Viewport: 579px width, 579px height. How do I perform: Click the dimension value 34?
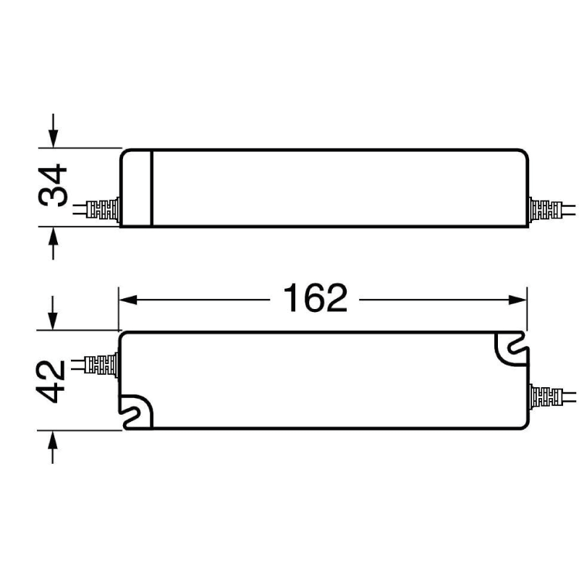(53, 187)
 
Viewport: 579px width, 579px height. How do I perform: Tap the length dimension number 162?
(315, 298)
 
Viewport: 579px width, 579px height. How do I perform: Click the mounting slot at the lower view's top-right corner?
(512, 347)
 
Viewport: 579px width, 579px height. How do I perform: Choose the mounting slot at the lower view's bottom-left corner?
(138, 413)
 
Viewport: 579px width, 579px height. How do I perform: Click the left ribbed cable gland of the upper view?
(102, 211)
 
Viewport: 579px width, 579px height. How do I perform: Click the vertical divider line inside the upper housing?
(151, 188)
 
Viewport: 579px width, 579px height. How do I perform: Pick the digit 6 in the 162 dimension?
(315, 298)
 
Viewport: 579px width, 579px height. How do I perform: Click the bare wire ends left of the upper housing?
(78, 211)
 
